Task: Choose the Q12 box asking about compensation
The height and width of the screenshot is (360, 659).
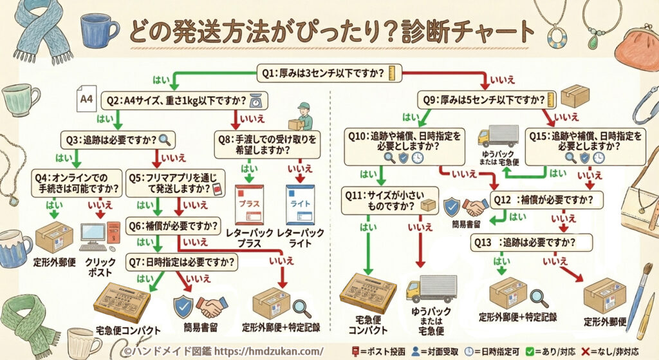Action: click(x=546, y=199)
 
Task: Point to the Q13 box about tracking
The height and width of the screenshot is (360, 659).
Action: click(x=531, y=242)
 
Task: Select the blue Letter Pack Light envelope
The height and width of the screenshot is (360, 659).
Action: click(x=299, y=205)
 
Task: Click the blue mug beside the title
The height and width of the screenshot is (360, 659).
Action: click(x=99, y=30)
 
